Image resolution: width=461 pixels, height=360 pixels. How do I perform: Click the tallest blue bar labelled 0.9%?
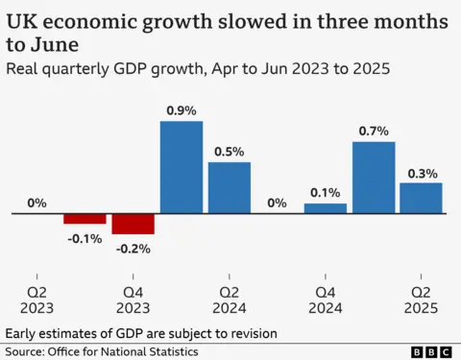coord(181,167)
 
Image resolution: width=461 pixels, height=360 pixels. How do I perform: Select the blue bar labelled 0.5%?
coord(229,187)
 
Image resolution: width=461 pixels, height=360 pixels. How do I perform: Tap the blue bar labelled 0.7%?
coord(374,177)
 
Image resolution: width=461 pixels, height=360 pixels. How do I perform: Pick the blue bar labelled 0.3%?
coord(421,198)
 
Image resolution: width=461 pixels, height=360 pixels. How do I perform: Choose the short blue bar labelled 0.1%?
coord(326,208)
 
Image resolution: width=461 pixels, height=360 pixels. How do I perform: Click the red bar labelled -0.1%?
coord(85,219)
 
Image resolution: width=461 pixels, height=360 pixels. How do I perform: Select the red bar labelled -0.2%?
coord(133,224)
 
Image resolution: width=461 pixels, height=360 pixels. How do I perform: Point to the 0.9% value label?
coord(181,110)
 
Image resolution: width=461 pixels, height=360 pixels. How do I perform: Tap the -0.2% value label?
coord(133,247)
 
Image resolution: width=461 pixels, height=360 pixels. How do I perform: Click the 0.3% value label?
coord(422,173)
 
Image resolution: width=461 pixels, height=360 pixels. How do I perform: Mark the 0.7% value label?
coord(374,131)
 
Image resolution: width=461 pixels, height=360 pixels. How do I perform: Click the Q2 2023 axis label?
coord(36,299)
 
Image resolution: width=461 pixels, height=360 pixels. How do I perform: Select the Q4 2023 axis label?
coord(133,299)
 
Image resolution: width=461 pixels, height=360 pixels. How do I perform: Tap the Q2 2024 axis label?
coord(230,299)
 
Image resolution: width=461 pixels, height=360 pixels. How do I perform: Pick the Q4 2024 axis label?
coord(326,299)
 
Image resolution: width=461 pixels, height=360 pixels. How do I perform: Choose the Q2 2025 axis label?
coord(422,299)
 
